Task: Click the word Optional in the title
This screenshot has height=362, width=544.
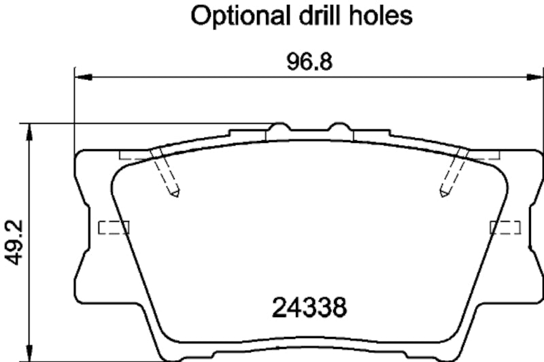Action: (233, 16)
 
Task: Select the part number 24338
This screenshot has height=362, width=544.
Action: (310, 308)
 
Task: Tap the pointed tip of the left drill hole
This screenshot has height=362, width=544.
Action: (175, 197)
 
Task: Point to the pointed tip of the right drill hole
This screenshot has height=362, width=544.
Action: (443, 197)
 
